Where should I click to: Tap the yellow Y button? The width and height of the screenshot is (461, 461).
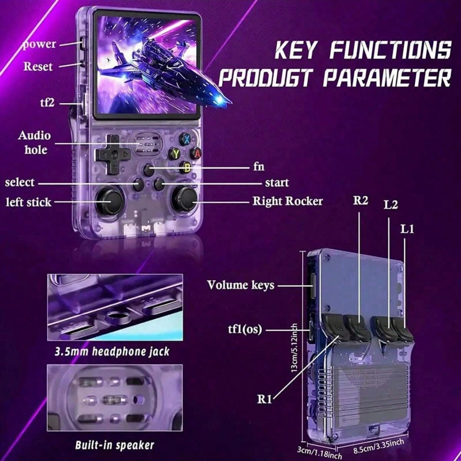[x=175, y=154]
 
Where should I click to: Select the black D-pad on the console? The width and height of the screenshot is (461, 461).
[x=113, y=154]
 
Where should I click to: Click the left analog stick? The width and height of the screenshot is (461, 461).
[x=109, y=201]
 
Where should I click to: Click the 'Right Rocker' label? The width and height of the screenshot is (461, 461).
[x=288, y=201]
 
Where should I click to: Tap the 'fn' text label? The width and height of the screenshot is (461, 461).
[x=259, y=167]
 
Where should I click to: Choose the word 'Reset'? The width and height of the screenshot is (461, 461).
[x=38, y=67]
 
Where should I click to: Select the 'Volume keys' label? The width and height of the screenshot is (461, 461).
[x=240, y=285]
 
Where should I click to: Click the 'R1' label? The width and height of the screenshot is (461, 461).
[x=264, y=399]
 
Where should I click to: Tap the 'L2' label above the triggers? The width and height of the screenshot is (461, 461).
[x=391, y=205]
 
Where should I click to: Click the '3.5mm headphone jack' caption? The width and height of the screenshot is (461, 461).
[x=112, y=352]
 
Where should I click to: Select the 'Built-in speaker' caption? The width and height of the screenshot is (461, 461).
[x=115, y=445]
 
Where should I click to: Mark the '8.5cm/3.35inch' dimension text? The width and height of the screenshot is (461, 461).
[x=379, y=446]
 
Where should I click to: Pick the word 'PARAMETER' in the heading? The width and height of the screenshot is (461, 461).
[x=387, y=78]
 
